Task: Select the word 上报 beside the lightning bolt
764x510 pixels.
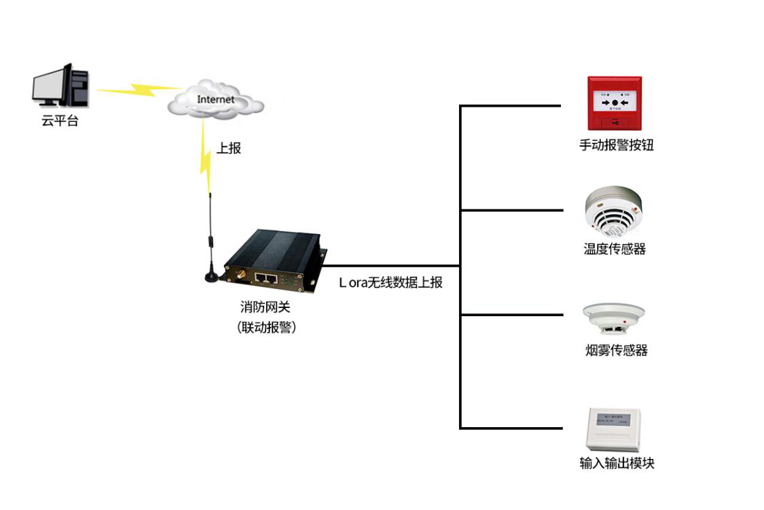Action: (x=229, y=148)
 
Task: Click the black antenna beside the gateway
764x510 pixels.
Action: (x=211, y=238)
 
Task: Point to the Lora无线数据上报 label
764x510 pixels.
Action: (x=390, y=282)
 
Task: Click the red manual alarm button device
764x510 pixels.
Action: (x=614, y=103)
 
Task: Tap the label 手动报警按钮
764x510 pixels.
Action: (x=615, y=145)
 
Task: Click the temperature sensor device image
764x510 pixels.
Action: (x=614, y=210)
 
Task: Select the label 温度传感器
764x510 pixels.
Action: (x=615, y=249)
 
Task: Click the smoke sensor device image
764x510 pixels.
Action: (x=613, y=318)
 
